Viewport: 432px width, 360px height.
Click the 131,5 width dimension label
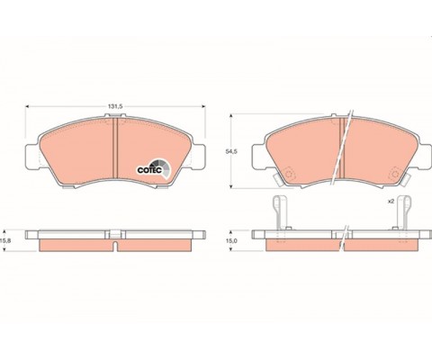(x=116, y=106)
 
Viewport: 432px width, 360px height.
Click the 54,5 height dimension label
(x=231, y=151)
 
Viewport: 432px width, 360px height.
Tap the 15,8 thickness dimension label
(x=6, y=240)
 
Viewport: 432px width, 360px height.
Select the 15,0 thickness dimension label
(x=231, y=241)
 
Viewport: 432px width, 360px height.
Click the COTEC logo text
(x=149, y=170)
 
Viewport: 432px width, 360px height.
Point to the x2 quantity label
(x=391, y=202)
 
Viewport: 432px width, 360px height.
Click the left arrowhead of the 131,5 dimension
(x=27, y=106)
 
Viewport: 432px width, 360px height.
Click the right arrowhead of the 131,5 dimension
(x=203, y=106)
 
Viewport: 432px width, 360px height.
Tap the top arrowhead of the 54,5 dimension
(x=230, y=116)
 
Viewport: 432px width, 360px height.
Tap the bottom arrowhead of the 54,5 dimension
(x=230, y=186)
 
